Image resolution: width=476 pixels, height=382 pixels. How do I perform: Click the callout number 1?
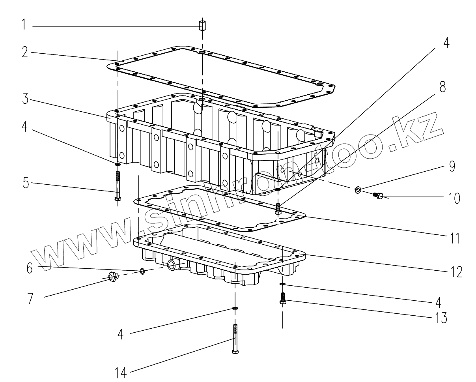pos(24,26)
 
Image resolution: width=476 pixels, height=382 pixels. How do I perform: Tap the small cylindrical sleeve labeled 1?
pos(203,26)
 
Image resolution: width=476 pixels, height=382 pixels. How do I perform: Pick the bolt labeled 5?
pos(118,185)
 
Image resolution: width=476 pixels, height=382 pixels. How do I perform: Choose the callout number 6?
pos(30,268)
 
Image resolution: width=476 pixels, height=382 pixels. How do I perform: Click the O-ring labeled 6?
pos(142,271)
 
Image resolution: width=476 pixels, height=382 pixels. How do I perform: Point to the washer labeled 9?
pos(358,190)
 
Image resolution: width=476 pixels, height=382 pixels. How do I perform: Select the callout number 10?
pos(454,198)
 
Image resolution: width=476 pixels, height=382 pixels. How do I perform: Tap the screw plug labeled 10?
pos(379,195)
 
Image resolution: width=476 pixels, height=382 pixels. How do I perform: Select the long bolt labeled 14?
pos(235,339)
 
